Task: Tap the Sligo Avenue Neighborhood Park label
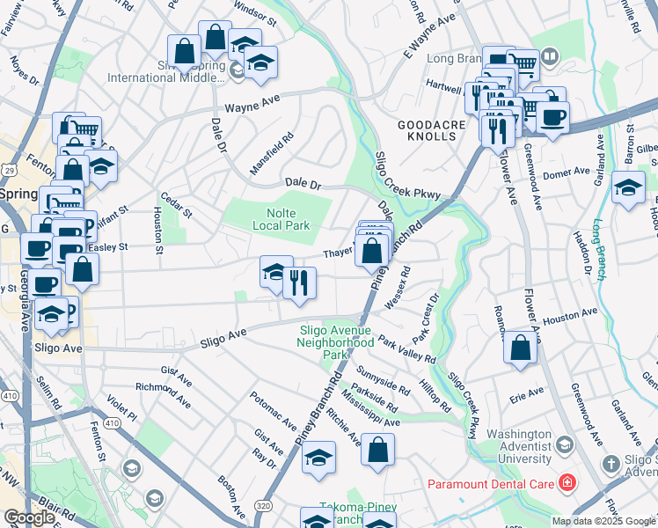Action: pos(336,342)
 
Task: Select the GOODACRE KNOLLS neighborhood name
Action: pos(431,133)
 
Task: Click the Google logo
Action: pos(29,517)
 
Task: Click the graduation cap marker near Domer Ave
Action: pos(628,189)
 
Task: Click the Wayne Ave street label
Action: pos(252,105)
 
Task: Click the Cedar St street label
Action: pos(175,209)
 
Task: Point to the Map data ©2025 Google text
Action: pos(603,521)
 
